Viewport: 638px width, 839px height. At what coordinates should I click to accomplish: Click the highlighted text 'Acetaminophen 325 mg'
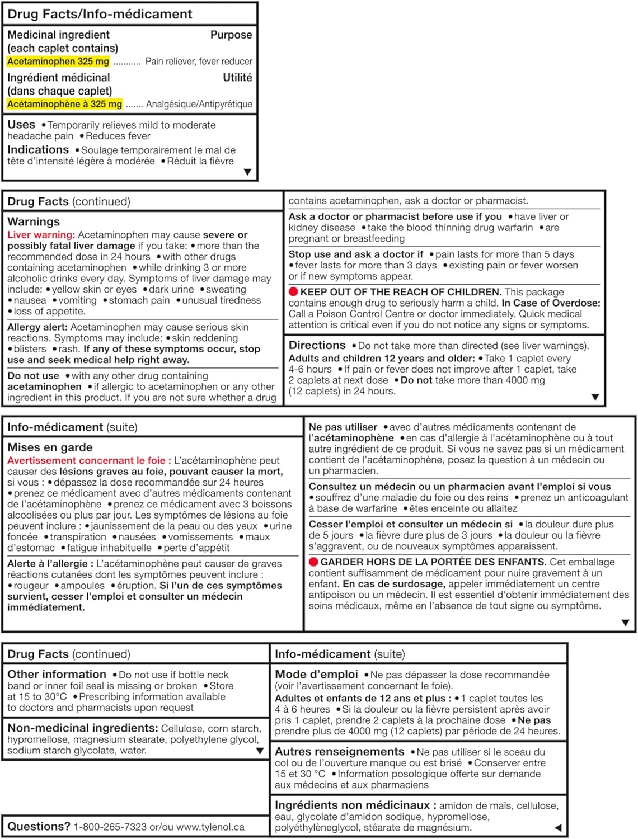tap(58, 62)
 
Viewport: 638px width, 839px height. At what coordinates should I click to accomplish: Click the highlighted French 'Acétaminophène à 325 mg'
tap(64, 104)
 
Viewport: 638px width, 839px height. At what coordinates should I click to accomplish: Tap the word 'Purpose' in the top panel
tap(231, 35)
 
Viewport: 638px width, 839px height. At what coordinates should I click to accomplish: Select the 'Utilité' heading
tap(237, 78)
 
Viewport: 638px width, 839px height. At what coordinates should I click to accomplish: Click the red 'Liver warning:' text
tap(41, 235)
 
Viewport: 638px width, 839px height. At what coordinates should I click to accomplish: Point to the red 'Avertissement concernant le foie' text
tap(86, 460)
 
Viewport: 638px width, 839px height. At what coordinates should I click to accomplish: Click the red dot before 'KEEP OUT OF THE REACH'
tap(293, 291)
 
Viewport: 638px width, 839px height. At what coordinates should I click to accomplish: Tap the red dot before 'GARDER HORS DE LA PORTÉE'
tap(313, 562)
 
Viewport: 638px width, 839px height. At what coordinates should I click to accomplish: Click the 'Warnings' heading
tap(34, 221)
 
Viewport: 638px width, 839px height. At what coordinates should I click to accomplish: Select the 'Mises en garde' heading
tap(50, 447)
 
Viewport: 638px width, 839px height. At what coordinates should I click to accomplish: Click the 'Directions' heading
tap(317, 345)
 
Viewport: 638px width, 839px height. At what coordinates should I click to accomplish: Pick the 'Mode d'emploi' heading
tap(316, 674)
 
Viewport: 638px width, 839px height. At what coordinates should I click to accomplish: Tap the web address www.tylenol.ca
tap(210, 827)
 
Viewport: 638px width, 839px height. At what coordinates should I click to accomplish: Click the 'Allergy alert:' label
tap(37, 327)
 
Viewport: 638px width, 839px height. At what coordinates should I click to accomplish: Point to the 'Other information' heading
tap(57, 674)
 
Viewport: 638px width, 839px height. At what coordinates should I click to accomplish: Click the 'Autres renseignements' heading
tap(339, 751)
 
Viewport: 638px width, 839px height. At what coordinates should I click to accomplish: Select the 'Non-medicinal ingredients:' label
tap(82, 728)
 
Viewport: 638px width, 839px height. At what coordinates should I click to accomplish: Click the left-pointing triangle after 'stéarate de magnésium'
tap(557, 827)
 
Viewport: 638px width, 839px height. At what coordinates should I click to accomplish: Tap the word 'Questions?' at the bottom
tap(39, 826)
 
